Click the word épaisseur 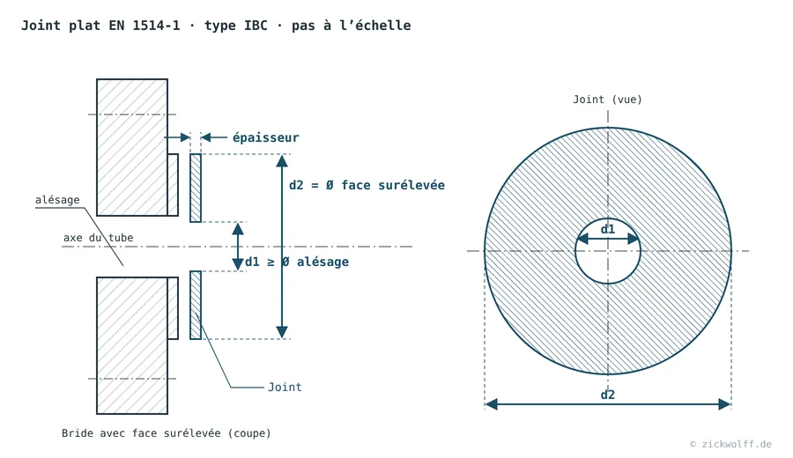tap(265, 137)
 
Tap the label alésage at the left tap(57, 200)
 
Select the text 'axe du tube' tap(98, 238)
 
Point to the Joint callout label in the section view tap(285, 388)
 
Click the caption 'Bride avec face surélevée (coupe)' tap(167, 433)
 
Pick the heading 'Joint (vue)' tap(607, 100)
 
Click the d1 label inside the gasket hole tap(607, 230)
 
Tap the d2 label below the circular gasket tap(607, 395)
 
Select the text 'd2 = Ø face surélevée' tap(367, 186)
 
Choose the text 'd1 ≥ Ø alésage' tap(297, 262)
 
